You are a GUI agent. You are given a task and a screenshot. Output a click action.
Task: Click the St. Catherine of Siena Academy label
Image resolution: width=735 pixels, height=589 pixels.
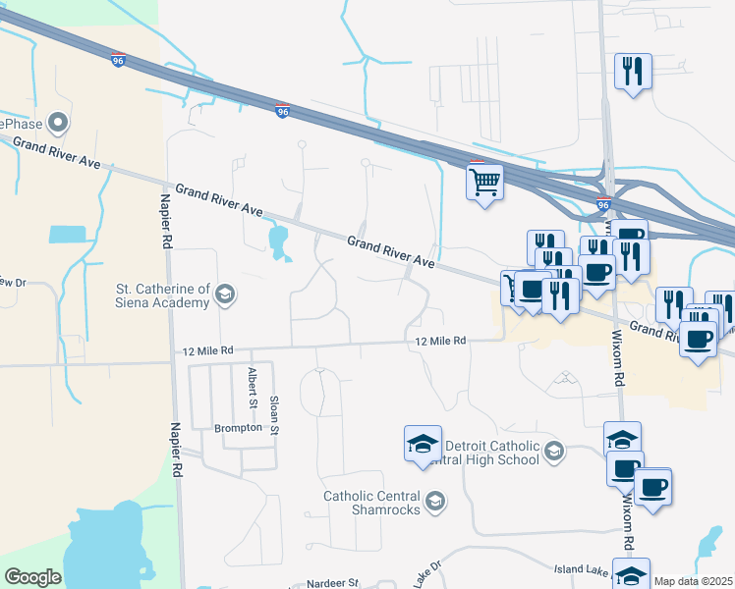tap(163, 295)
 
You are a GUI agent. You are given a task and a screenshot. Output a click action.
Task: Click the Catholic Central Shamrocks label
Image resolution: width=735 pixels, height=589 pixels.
tap(372, 503)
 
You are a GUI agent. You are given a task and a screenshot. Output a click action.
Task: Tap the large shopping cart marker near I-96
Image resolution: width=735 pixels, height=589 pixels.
tap(484, 182)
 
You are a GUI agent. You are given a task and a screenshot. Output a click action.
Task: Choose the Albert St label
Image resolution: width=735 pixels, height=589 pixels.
tap(253, 389)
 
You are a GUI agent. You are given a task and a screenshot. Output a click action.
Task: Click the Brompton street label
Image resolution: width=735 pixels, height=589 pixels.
tap(239, 428)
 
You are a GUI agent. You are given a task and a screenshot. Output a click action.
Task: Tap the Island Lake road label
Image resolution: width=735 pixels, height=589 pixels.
tap(582, 568)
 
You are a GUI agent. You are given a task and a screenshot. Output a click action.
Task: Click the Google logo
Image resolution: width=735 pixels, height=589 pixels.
tap(32, 577)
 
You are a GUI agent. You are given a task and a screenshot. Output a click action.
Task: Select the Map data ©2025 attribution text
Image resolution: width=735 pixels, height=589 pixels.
tap(693, 581)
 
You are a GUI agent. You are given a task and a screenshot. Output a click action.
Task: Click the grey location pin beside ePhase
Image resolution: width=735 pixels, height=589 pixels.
tap(59, 124)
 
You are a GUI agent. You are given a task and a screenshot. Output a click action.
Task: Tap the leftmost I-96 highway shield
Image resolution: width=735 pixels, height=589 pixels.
tap(118, 59)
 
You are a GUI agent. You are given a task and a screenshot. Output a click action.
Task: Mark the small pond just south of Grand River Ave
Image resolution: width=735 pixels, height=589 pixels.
tap(279, 241)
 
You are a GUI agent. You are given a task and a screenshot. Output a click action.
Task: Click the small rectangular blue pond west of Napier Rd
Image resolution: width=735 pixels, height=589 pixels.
tap(67, 235)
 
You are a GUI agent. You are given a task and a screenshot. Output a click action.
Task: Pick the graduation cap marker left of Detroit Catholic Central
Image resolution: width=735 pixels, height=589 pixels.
tap(423, 444)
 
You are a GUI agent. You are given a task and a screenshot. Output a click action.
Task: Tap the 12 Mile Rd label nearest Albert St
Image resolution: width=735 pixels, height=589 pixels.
tap(207, 350)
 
